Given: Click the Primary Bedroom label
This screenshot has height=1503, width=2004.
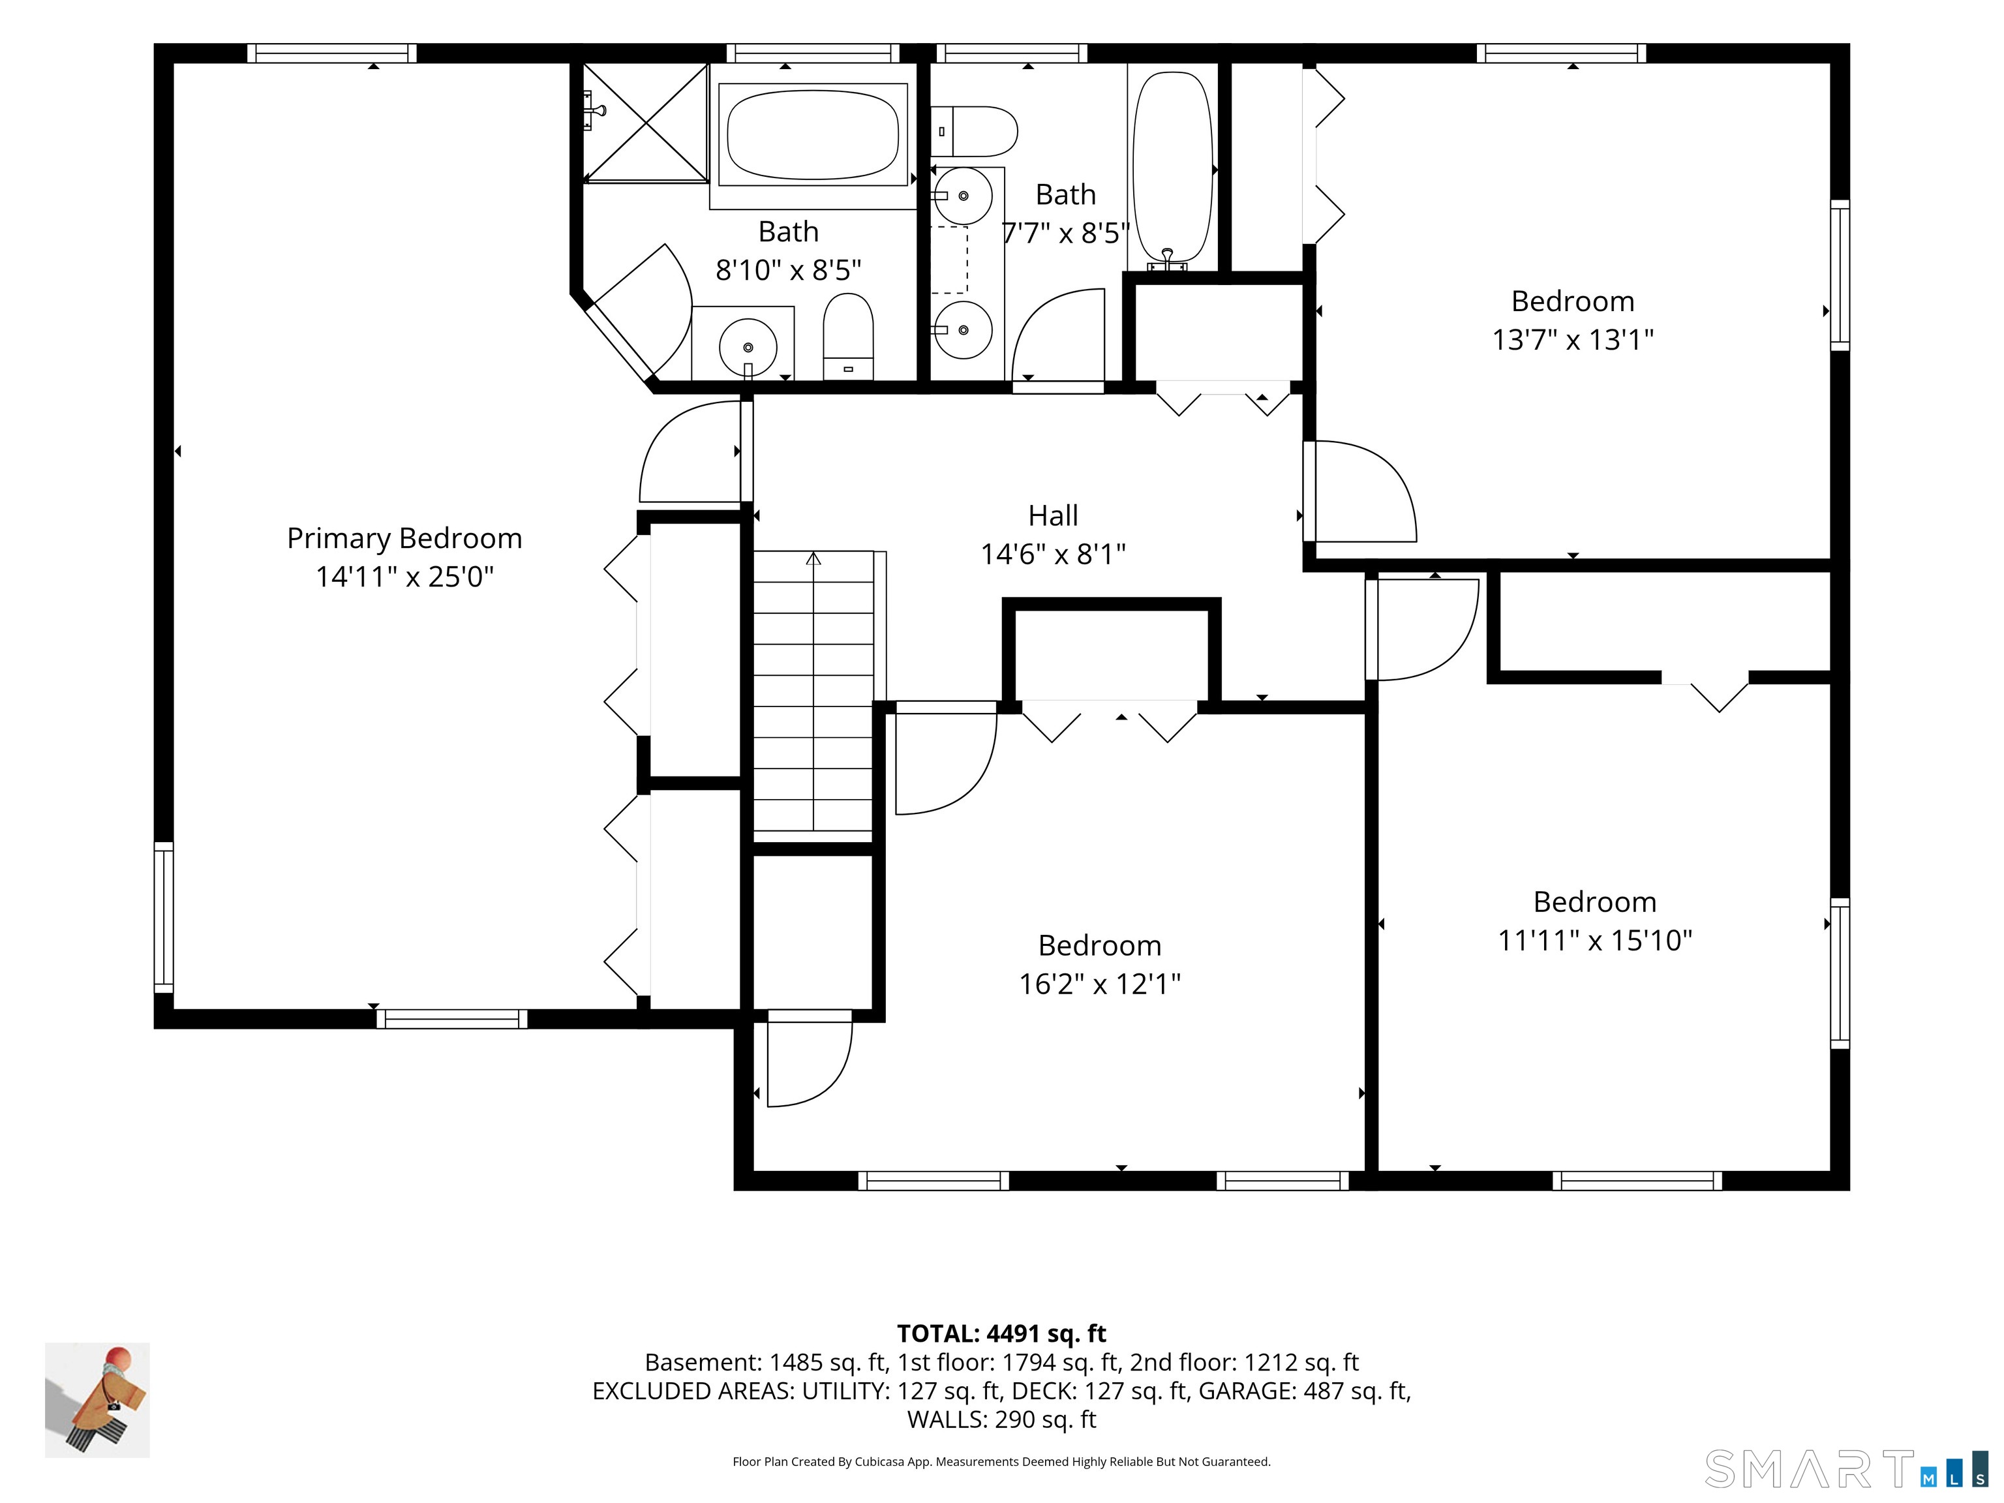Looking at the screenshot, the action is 404,538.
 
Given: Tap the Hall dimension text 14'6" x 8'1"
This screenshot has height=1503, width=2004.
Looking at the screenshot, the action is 1053,554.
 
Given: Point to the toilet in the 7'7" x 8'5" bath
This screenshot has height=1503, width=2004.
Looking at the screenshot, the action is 974,131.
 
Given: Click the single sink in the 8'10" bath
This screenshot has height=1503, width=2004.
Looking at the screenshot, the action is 748,345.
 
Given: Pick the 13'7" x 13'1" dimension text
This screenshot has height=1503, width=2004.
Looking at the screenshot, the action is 1573,340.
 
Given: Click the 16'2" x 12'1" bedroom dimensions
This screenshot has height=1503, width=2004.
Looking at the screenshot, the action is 1100,984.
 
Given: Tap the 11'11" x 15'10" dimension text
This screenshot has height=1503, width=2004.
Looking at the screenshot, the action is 1594,941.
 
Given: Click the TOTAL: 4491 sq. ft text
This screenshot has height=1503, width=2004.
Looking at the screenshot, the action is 1001,1333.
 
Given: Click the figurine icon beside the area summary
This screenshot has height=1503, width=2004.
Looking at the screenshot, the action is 97,1400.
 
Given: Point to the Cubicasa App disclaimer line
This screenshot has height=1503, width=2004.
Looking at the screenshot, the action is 1001,1461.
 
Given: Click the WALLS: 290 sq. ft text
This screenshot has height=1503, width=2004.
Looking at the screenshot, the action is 1001,1419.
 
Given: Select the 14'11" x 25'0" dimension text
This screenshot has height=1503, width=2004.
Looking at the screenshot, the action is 404,577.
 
